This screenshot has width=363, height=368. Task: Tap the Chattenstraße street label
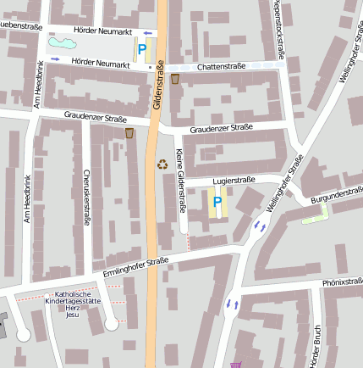point(220,66)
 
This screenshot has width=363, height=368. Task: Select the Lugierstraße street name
point(233,180)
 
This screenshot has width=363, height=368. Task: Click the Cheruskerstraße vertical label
point(86,198)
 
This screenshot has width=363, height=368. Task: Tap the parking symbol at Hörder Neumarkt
point(141,49)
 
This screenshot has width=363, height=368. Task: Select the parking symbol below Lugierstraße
point(217,202)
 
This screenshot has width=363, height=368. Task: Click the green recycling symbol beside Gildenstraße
point(162,164)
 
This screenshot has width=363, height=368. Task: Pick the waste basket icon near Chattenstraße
point(175,79)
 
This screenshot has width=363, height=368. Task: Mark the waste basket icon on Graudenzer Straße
point(129,133)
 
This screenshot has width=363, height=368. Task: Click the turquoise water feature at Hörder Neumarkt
point(61,42)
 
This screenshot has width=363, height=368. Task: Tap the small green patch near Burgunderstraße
point(315,217)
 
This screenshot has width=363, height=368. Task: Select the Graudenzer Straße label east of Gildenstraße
point(221,128)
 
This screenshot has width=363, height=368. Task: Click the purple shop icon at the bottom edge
point(234,365)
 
